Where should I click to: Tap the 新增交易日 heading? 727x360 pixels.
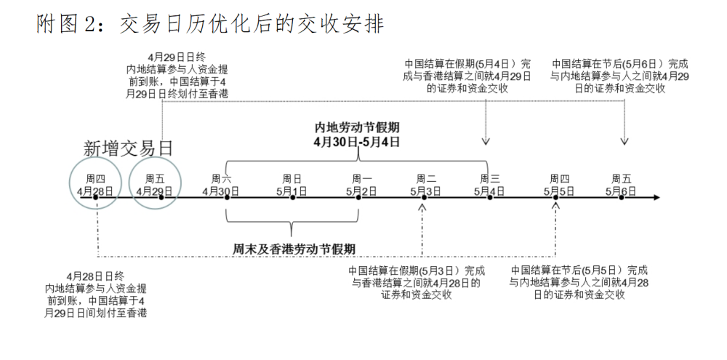pyautogui.click(x=129, y=148)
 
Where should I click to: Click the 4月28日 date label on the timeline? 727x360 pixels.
pyautogui.click(x=95, y=192)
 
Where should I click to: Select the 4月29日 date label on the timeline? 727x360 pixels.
pyautogui.click(x=154, y=192)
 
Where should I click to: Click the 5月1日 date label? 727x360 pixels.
pyautogui.click(x=291, y=192)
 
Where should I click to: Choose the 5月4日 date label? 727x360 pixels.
pyautogui.click(x=490, y=192)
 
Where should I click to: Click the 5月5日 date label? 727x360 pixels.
pyautogui.click(x=558, y=192)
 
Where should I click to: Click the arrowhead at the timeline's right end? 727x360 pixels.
pyautogui.click(x=656, y=197)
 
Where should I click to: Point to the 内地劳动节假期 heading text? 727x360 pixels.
pyautogui.click(x=356, y=126)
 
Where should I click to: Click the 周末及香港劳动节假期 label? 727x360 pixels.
pyautogui.click(x=291, y=248)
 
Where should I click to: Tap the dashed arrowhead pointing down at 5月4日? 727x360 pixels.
pyautogui.click(x=486, y=140)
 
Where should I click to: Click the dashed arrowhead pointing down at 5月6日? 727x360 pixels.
pyautogui.click(x=624, y=140)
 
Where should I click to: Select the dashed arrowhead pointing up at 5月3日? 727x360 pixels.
pyautogui.click(x=422, y=207)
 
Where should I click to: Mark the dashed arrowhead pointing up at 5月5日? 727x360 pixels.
pyautogui.click(x=556, y=207)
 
